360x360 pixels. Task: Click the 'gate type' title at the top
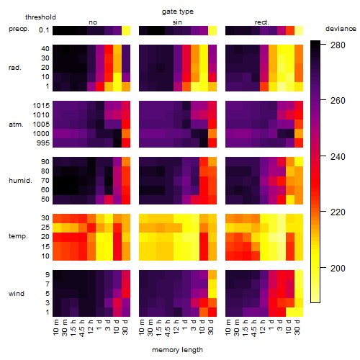click(178, 12)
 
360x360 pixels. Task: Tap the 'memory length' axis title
click(177, 350)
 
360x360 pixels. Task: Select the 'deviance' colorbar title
click(341, 29)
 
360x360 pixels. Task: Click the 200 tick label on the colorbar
click(338, 268)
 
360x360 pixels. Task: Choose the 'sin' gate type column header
click(177, 22)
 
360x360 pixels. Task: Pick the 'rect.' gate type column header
click(261, 22)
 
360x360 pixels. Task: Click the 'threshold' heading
click(40, 17)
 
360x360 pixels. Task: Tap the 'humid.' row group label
click(20, 181)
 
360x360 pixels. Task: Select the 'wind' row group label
click(17, 294)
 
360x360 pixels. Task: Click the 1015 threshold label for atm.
click(41, 105)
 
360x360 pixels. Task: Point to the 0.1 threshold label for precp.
click(44, 30)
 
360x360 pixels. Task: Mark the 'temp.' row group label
click(18, 236)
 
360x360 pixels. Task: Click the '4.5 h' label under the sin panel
click(167, 328)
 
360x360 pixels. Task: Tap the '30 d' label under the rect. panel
click(297, 327)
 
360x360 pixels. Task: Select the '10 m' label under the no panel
click(55, 328)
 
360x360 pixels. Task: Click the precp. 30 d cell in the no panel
click(126, 31)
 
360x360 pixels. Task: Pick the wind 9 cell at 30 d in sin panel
click(212, 274)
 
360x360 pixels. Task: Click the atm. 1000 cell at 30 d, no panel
click(126, 133)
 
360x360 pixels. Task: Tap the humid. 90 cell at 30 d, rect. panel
click(299, 161)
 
